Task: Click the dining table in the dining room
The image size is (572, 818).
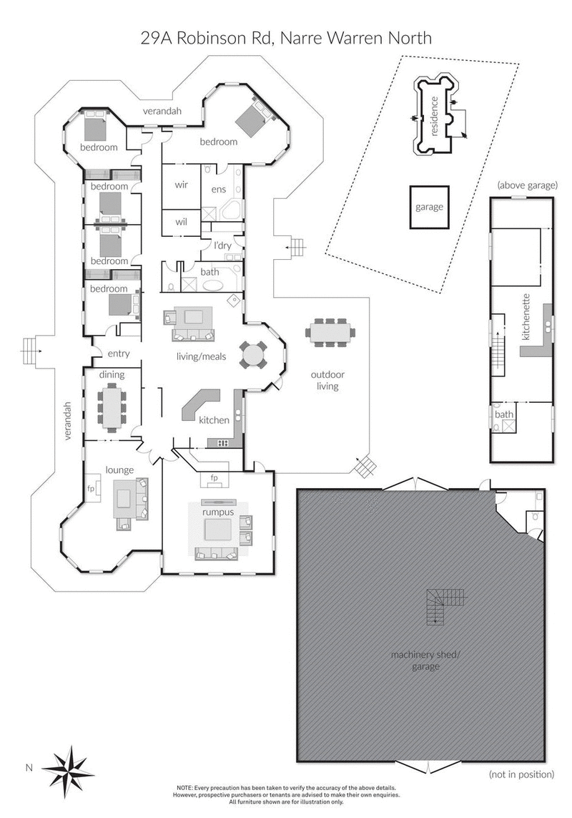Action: coord(113,406)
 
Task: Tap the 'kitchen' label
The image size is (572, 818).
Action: coord(214,420)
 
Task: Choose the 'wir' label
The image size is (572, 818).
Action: coord(182,184)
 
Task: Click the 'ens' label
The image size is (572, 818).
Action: coord(219,190)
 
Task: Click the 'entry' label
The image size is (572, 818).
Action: coord(119,354)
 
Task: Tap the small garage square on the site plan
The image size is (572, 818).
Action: coord(429,207)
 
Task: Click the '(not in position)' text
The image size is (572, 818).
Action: coord(522,774)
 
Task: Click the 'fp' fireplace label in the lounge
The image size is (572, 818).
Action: coord(91,488)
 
